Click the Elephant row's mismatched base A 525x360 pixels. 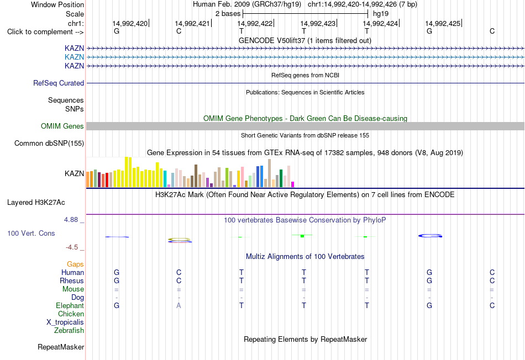pos(179,305)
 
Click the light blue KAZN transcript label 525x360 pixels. pos(75,57)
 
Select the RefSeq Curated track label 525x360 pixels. pos(59,83)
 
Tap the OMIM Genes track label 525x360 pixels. pos(62,126)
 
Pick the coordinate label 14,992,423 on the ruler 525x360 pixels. pos(318,23)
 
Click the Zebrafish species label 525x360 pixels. pos(69,331)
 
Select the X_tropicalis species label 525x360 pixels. pos(65,322)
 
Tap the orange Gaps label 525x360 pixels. pos(75,264)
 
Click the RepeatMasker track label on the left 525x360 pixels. pos(61,347)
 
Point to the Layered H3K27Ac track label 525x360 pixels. pos(36,203)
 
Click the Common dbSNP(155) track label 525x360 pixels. pos(49,143)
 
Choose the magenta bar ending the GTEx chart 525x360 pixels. pos(293,184)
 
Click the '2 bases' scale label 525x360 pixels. pos(228,14)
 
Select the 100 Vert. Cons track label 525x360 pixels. pos(31,233)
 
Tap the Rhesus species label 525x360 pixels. pos(72,280)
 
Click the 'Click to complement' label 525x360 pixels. pos(45,32)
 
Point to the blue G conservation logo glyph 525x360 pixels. pos(431,236)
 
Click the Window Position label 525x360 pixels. pos(57,4)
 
